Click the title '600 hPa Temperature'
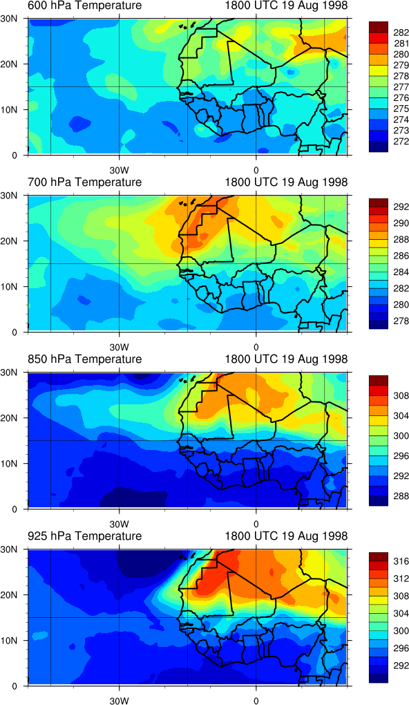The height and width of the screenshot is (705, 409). (85, 6)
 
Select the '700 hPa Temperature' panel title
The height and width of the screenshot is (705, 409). (85, 182)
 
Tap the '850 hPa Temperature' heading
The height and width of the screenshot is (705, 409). (85, 359)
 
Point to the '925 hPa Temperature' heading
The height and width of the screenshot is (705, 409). (85, 536)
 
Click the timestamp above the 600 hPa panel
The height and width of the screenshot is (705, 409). (285, 6)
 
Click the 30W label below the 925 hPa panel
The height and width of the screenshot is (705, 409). (119, 700)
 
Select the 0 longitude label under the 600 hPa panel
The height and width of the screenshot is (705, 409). (256, 171)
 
